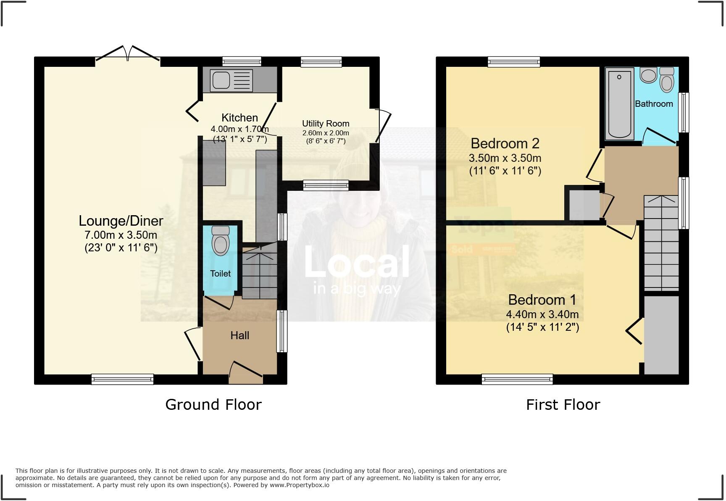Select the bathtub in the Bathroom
pos(620,103)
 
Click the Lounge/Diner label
pos(121,221)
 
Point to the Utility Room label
pos(326,124)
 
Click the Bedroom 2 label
pos(505,144)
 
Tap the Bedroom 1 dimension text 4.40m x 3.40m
pos(542,314)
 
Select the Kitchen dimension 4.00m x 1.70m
pos(239,129)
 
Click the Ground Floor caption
pos(213,404)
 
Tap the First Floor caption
pos(563,405)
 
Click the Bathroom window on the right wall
pos(684,112)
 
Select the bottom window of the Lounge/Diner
pos(123,380)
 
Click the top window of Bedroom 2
pos(514,62)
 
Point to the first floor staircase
pos(661,244)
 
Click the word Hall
pos(239,335)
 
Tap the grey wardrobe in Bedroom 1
pos(661,335)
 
